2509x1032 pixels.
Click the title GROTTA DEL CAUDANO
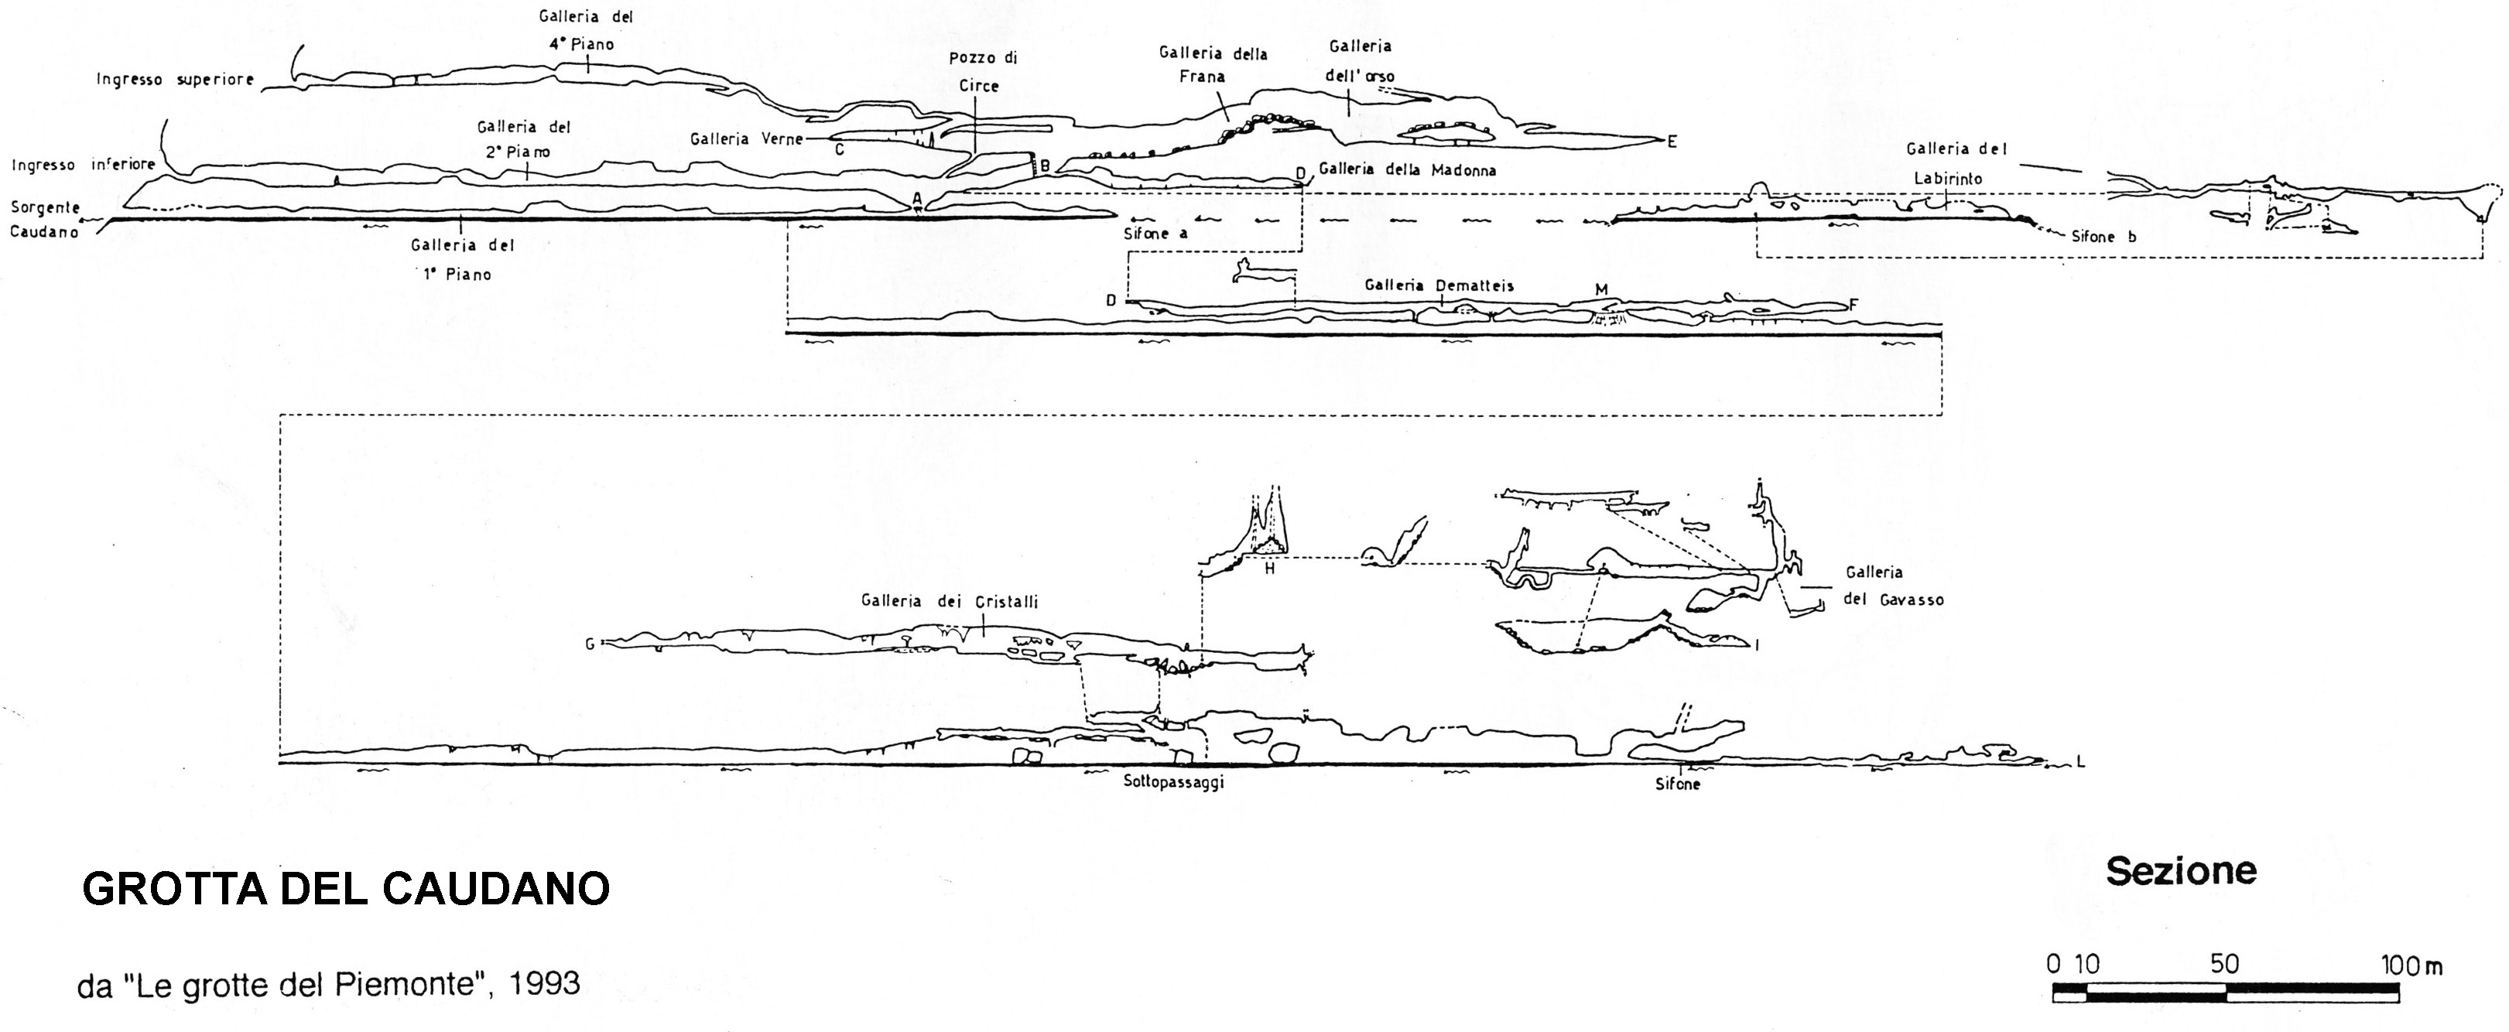pos(346,888)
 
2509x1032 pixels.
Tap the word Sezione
pos(2181,870)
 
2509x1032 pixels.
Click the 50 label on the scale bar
pos(2225,964)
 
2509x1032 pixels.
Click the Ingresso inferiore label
pos(83,165)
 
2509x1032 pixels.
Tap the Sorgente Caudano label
pos(45,219)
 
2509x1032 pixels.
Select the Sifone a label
pos(1156,234)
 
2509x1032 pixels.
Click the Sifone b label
pos(2103,237)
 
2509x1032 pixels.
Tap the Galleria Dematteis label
pos(1439,285)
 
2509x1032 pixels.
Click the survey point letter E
pos(1672,142)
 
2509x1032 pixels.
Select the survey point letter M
pos(1601,289)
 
